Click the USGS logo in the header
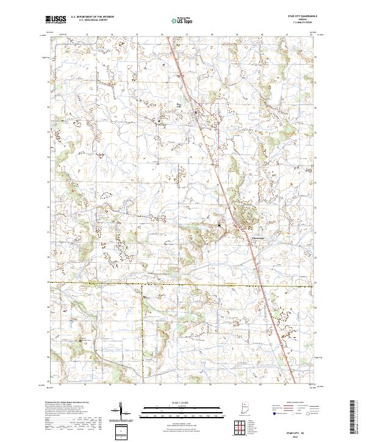(x=56, y=20)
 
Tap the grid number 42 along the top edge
(x=312, y=35)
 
